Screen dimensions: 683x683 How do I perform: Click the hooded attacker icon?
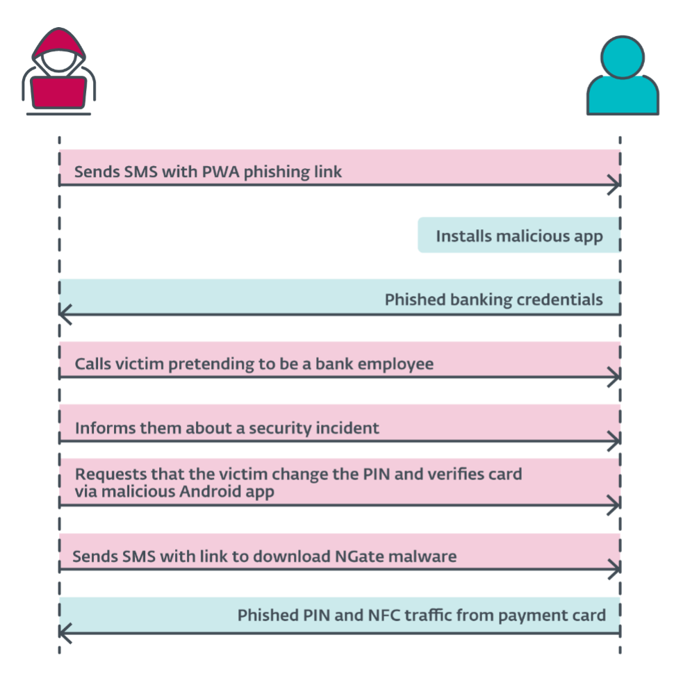click(x=59, y=71)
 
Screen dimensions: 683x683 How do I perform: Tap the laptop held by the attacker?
click(x=59, y=92)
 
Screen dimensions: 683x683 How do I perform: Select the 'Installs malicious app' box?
click(x=518, y=236)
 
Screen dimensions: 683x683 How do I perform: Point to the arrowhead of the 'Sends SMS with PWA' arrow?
click(x=614, y=186)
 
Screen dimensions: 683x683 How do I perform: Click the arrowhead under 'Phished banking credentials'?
click(x=65, y=314)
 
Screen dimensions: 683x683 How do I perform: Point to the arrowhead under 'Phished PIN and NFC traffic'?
click(x=65, y=633)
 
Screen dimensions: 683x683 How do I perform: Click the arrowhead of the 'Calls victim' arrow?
click(x=614, y=378)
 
